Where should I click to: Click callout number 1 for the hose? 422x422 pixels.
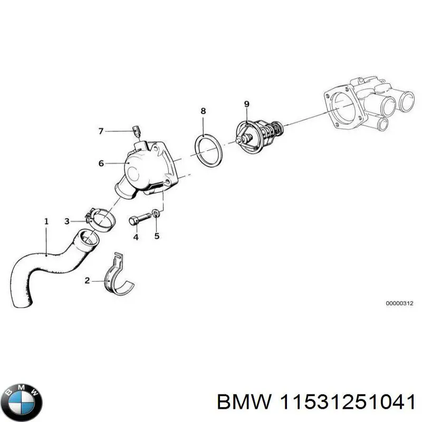click(x=46, y=222)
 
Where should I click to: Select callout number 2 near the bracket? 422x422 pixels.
click(x=87, y=281)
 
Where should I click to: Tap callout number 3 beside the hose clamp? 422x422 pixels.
click(x=67, y=221)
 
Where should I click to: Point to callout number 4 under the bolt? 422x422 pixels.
click(x=136, y=237)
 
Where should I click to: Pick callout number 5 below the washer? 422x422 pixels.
click(x=157, y=236)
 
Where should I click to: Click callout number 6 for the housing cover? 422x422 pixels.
click(x=101, y=164)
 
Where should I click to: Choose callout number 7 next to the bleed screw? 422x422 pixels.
click(x=101, y=131)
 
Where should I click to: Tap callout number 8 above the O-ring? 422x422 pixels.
click(x=203, y=111)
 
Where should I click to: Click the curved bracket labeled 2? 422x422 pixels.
click(x=118, y=275)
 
